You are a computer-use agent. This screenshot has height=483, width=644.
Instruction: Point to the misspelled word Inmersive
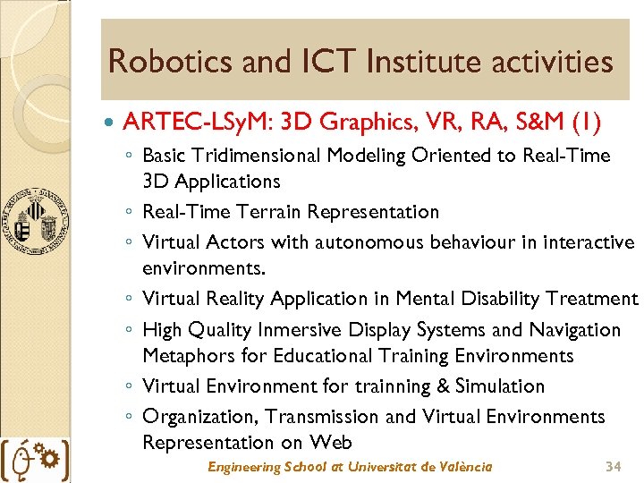(304, 330)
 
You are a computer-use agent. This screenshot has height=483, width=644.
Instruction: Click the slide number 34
(613, 467)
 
